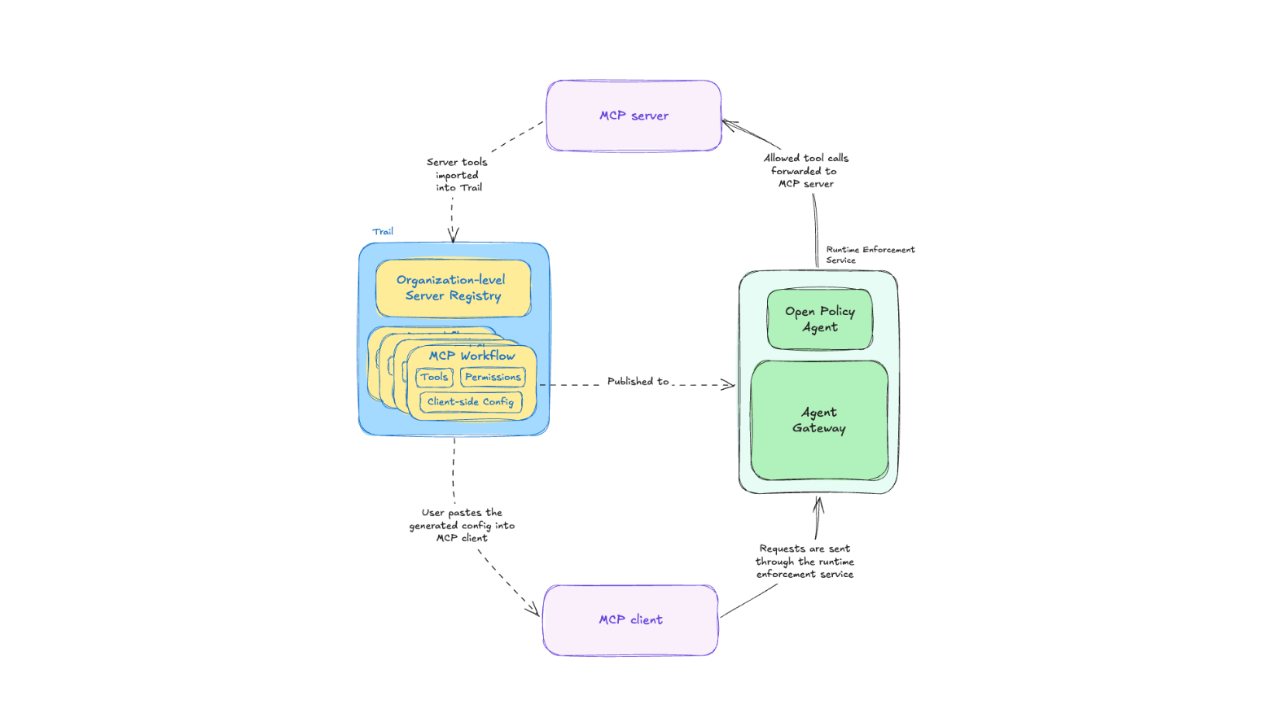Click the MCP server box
pyautogui.click(x=634, y=116)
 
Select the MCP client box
pyautogui.click(x=630, y=620)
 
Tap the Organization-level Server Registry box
pyautogui.click(x=454, y=288)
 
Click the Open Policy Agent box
pyautogui.click(x=820, y=319)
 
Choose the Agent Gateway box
pyautogui.click(x=819, y=420)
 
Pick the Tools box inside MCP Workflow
pyautogui.click(x=434, y=377)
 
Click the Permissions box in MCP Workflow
pyautogui.click(x=493, y=377)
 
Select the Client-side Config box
pyautogui.click(x=471, y=401)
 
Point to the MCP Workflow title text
pyautogui.click(x=471, y=356)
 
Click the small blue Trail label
pyautogui.click(x=383, y=231)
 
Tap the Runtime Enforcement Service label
pyautogui.click(x=871, y=255)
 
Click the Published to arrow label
pyautogui.click(x=638, y=382)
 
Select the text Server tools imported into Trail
pyautogui.click(x=457, y=175)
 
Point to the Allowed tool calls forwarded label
pyautogui.click(x=805, y=171)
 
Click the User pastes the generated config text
pyautogui.click(x=462, y=526)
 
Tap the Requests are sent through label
pyautogui.click(x=805, y=562)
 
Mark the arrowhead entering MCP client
pyautogui.click(x=533, y=610)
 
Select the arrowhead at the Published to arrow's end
pyautogui.click(x=729, y=384)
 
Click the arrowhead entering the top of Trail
pyautogui.click(x=453, y=236)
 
